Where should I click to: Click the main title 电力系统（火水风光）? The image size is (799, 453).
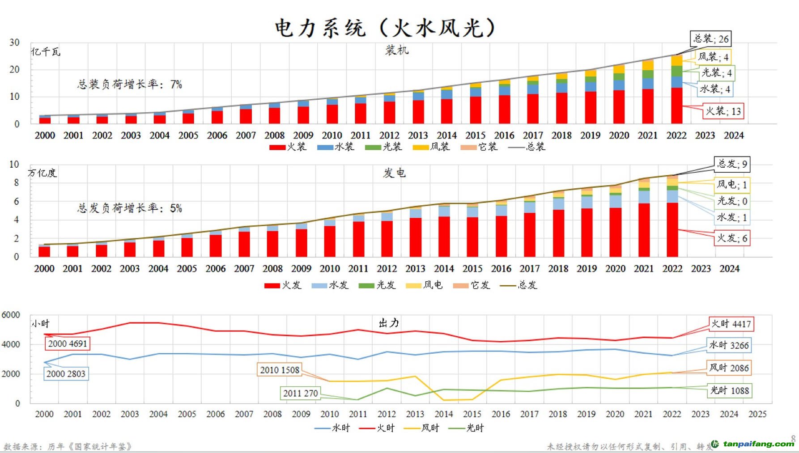[x=386, y=28]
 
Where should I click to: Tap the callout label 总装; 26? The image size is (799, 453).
[x=711, y=39]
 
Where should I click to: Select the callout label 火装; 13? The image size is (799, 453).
[x=723, y=111]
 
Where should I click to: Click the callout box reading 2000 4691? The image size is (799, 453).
[x=68, y=343]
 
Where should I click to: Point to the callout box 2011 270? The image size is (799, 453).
[x=300, y=393]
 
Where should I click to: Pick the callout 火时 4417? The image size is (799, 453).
[x=731, y=324]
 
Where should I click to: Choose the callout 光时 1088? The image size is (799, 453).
[x=730, y=390]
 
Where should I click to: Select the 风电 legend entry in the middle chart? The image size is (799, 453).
[x=424, y=285]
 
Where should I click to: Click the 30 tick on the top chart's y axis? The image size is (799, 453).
[x=14, y=42]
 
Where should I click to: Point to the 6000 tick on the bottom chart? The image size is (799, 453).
[x=11, y=315]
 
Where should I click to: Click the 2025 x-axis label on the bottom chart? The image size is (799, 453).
[x=757, y=414]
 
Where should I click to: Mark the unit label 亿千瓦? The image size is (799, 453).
[x=46, y=52]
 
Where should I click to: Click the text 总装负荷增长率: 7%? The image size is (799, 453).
[x=130, y=84]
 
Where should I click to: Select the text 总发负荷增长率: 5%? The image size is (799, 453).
[x=130, y=208]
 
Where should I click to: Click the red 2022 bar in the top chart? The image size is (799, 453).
[x=676, y=106]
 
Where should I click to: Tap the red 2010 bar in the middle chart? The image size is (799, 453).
[x=330, y=241]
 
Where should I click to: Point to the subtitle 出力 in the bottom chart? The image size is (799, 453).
[x=389, y=323]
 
